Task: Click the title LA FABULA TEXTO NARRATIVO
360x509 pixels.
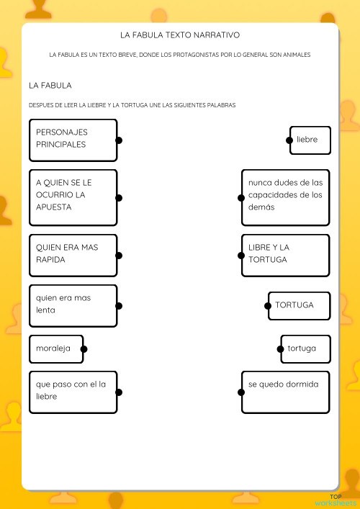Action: coord(180,35)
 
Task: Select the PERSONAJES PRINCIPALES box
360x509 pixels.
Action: coord(73,140)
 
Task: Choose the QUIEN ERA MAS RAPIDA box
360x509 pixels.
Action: coord(73,255)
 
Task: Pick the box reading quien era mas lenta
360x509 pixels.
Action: coord(73,305)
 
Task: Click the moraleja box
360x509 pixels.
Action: coord(56,349)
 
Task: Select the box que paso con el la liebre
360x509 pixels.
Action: coord(73,392)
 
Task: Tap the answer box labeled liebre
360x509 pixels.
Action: coord(310,140)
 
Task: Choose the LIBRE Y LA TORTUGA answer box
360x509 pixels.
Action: coord(286,255)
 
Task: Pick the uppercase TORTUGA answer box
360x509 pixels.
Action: coord(299,305)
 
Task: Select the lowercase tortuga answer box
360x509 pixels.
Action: coord(305,349)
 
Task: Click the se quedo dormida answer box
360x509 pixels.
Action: coord(286,392)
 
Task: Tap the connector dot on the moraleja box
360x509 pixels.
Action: coord(84,349)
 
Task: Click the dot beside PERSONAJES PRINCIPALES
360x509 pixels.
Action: coord(119,140)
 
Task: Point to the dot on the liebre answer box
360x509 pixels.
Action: coord(289,140)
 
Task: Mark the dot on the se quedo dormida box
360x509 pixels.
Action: coord(241,392)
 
